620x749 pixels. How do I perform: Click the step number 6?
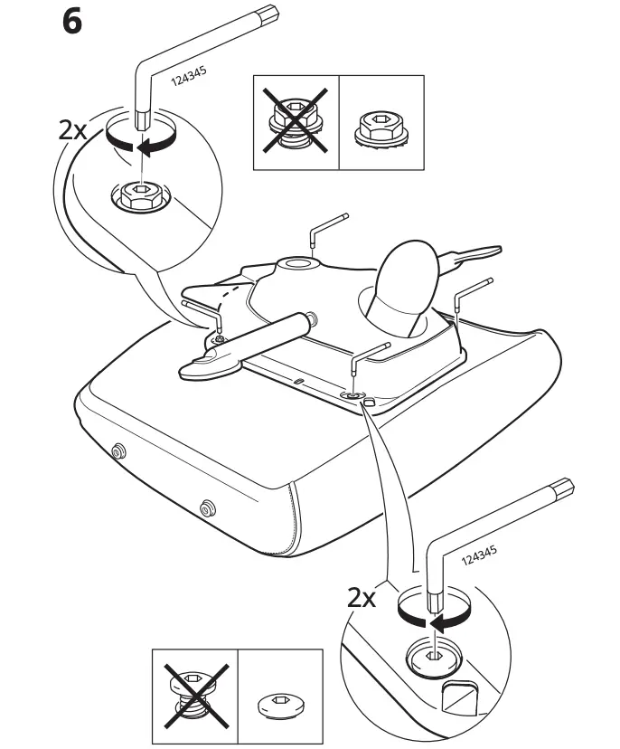71,22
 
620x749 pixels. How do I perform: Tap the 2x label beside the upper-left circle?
73,129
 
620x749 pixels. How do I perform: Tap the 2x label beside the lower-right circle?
362,598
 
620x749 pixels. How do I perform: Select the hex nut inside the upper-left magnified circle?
138,195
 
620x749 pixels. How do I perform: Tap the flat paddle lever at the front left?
210,363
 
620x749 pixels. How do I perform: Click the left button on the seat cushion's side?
117,450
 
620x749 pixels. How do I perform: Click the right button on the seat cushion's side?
208,508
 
